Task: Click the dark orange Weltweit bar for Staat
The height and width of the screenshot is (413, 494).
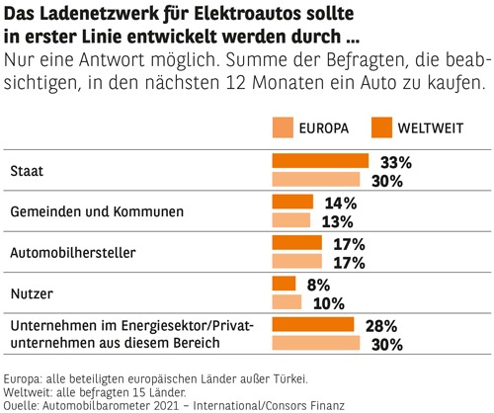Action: coord(319,161)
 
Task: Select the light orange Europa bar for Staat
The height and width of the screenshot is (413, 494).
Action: coord(315,180)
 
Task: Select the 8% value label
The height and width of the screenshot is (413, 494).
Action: coord(318,285)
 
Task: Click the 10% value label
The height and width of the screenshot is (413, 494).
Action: coord(323,302)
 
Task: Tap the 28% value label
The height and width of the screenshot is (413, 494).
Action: coord(380,325)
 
